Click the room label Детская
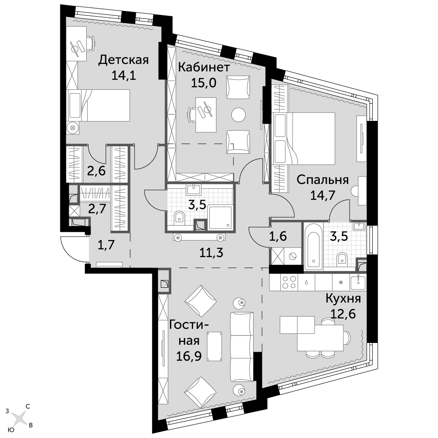point(124,60)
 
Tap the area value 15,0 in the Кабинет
point(204,83)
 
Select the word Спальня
point(322,180)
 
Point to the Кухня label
point(343,299)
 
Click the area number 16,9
point(189,356)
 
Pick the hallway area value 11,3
point(211,253)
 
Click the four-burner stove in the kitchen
point(289,282)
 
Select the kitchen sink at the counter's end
point(358,282)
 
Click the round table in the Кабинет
point(239,114)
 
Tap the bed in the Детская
point(99,105)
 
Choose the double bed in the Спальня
point(304,138)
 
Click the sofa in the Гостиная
point(242,347)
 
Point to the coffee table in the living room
point(215,346)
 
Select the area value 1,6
point(278,237)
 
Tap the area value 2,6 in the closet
point(96,170)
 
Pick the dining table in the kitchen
point(320,337)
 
